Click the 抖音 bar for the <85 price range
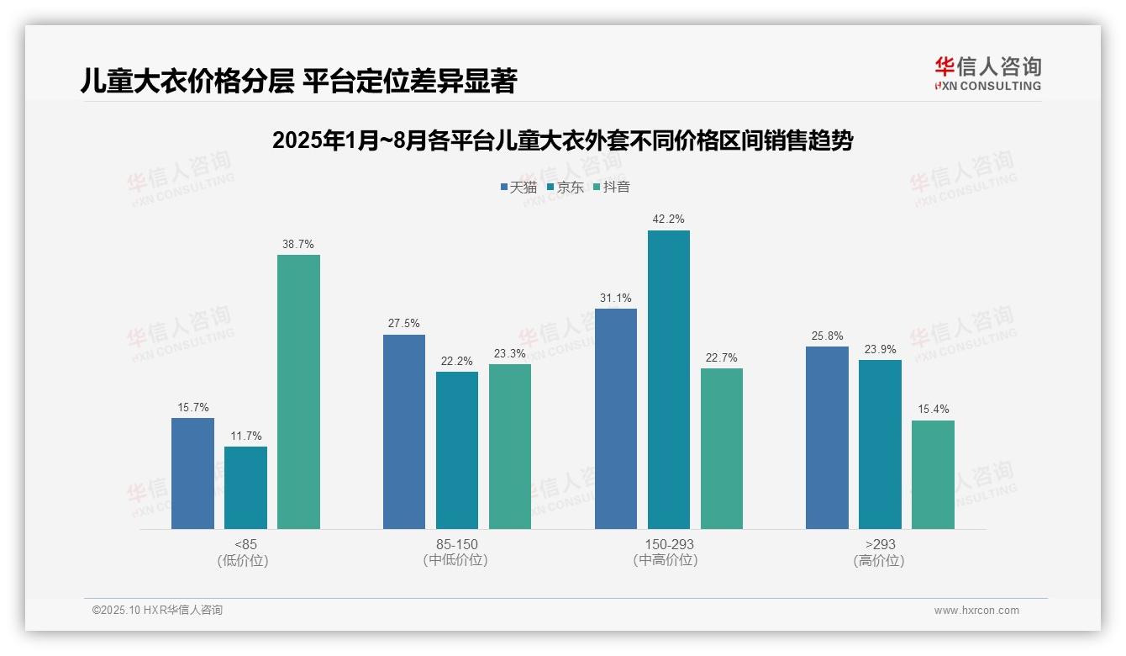point(298,392)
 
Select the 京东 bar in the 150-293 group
point(669,379)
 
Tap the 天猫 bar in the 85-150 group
point(404,431)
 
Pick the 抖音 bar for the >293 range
point(933,474)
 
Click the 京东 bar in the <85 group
point(245,488)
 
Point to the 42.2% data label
point(669,220)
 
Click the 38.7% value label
point(298,245)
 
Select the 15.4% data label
point(933,410)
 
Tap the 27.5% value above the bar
point(404,324)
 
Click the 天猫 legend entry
point(518,188)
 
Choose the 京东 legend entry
point(566,188)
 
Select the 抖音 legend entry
point(612,188)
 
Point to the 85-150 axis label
point(456,544)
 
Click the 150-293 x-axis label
point(669,544)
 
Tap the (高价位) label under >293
point(879,561)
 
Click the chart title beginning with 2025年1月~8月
point(562,140)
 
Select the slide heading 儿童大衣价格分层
point(298,81)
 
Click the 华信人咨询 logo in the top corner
point(987,73)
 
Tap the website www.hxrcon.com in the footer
point(976,611)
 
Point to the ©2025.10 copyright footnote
point(158,611)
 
